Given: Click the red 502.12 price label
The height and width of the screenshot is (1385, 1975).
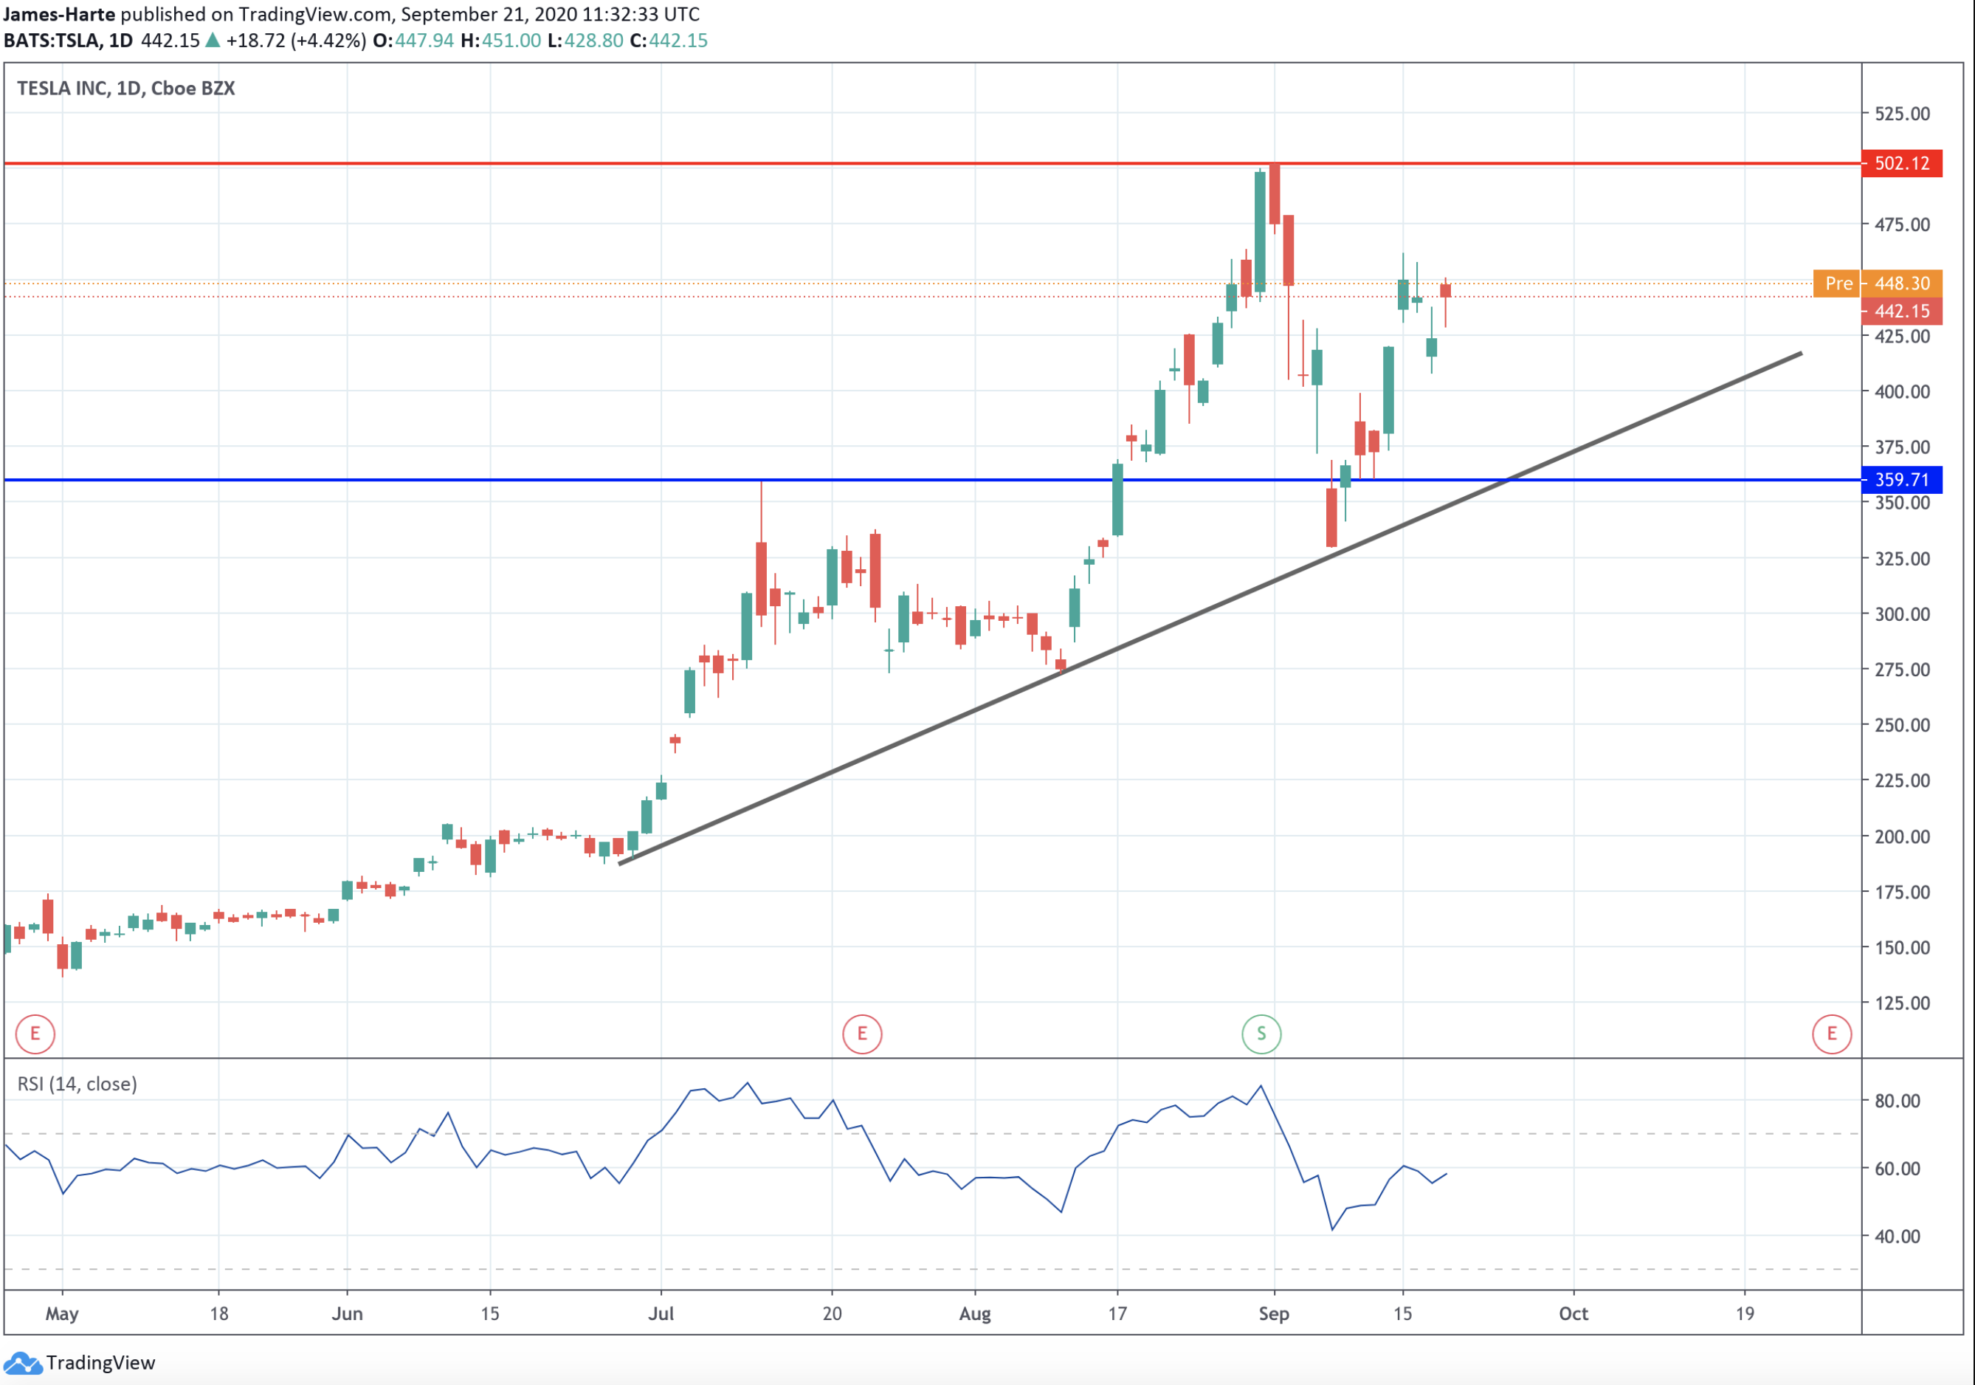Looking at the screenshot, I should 1901,163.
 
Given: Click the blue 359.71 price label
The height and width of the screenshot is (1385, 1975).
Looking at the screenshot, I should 1901,480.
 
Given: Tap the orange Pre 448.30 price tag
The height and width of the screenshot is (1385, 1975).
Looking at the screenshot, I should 1878,283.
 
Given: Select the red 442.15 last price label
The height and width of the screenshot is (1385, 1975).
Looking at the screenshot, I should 1901,312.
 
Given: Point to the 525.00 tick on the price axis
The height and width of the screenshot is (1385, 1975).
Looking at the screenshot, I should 1902,114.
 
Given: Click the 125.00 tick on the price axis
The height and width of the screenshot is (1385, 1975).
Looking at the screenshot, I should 1902,1003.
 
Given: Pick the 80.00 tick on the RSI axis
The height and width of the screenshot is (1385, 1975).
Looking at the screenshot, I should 1897,1101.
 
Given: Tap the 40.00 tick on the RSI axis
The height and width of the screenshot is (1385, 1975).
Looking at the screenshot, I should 1897,1236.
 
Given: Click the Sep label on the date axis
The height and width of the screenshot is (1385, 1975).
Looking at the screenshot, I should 1273,1313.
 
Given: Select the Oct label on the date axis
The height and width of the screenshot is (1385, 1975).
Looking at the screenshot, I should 1574,1313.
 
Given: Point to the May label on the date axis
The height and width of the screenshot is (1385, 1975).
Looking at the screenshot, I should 62,1313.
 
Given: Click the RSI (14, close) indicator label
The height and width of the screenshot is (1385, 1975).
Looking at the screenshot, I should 77,1084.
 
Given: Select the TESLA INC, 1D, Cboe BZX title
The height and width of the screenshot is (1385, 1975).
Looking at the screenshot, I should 125,89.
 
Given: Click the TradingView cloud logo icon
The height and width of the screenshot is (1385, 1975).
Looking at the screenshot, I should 22,1363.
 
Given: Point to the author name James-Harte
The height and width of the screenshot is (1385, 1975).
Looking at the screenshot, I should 58,15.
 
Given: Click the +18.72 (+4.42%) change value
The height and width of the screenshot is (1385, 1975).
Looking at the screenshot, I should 296,41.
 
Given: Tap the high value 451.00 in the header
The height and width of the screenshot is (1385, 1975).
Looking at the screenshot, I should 511,41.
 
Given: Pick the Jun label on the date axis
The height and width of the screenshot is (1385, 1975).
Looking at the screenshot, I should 347,1313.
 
